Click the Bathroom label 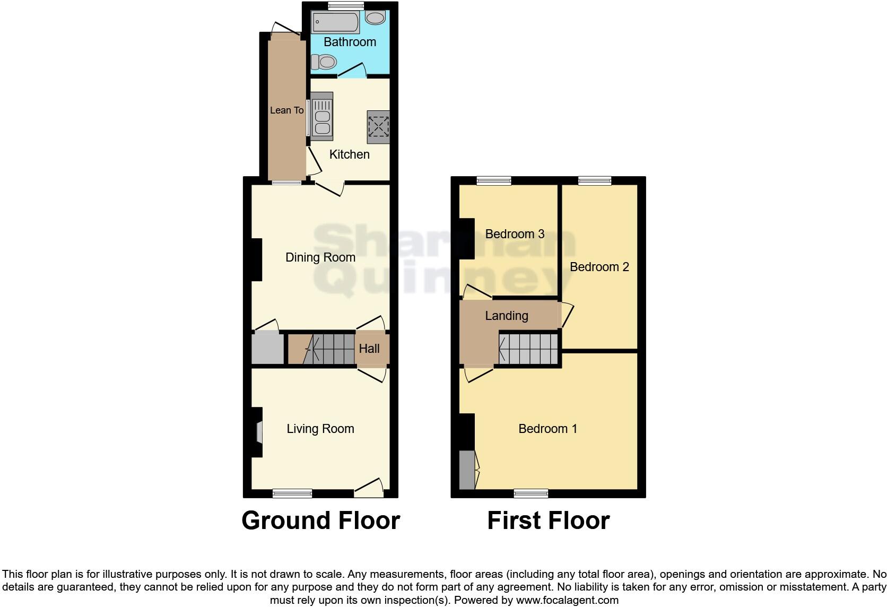coord(350,42)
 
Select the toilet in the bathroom coord(324,63)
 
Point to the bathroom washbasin coord(376,18)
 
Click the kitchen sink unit coord(321,116)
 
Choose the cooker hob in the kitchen coord(378,127)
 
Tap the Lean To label coord(286,110)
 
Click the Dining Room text coord(320,257)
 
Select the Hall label coord(369,349)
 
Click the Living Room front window coord(292,493)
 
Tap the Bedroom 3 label coord(515,234)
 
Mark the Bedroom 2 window coord(594,181)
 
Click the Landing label coord(507,316)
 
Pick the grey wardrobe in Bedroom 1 coord(467,470)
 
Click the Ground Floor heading coord(320,521)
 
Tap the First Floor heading coord(548,521)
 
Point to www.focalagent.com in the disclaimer coord(567,600)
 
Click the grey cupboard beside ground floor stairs coord(267,348)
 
